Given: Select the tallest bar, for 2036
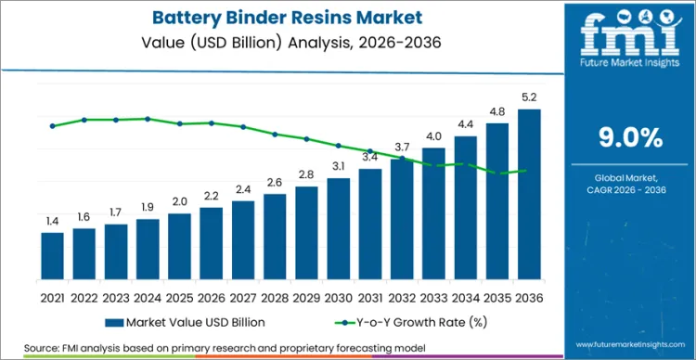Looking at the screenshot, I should tap(529, 194).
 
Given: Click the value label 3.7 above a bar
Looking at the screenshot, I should tap(402, 148).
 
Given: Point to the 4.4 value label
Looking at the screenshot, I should tap(466, 124).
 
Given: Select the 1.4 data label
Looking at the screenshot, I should tap(53, 221).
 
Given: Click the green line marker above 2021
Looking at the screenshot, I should tap(53, 126).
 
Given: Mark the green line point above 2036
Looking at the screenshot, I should tap(529, 171).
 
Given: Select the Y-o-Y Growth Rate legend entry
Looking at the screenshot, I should tap(399, 322).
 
